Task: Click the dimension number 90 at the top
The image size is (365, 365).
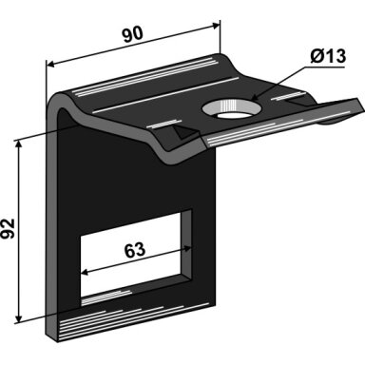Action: (x=133, y=34)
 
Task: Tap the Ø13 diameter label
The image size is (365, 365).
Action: (x=328, y=56)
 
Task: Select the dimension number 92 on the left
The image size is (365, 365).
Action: (x=9, y=229)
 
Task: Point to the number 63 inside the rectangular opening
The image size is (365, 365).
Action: (x=135, y=250)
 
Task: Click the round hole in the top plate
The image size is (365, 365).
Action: (x=232, y=108)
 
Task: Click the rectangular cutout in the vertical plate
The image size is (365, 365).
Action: (x=136, y=258)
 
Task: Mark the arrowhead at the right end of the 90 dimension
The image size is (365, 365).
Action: (x=216, y=26)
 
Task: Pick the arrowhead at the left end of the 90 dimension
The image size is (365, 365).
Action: (x=50, y=65)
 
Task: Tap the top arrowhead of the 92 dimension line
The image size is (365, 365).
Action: (x=19, y=144)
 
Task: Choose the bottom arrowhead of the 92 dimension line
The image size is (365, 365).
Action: (x=19, y=318)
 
